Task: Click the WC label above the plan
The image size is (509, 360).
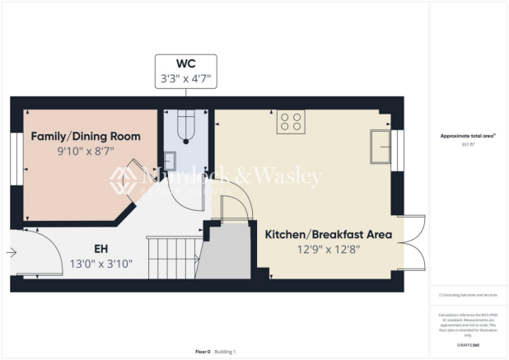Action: click(185, 63)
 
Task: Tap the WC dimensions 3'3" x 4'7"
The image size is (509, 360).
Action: click(185, 79)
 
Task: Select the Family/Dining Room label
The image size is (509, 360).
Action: click(86, 136)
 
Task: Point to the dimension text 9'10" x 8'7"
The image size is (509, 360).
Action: click(86, 152)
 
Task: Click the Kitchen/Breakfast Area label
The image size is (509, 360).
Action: click(328, 234)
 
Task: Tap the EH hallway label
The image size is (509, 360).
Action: click(101, 247)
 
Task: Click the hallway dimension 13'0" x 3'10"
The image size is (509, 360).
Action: click(101, 264)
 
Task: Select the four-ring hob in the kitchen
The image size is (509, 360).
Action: click(291, 122)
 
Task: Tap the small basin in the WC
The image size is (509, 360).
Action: click(170, 158)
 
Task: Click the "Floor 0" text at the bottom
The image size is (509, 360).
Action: click(203, 352)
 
